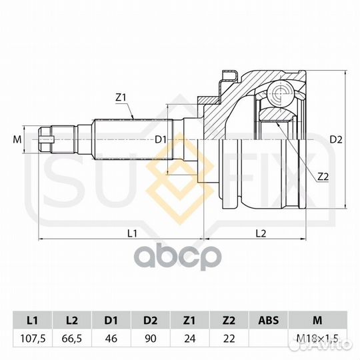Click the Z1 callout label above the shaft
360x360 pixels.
click(121, 98)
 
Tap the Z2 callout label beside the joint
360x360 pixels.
click(323, 177)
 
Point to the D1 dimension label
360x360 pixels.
click(160, 139)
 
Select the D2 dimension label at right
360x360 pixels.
click(336, 139)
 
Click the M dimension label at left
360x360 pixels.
click(17, 139)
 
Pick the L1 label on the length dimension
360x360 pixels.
click(132, 233)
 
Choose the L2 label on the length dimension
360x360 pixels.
click(261, 233)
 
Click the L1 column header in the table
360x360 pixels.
click(33, 320)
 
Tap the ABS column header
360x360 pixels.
click(269, 320)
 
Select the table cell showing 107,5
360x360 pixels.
click(33, 339)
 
